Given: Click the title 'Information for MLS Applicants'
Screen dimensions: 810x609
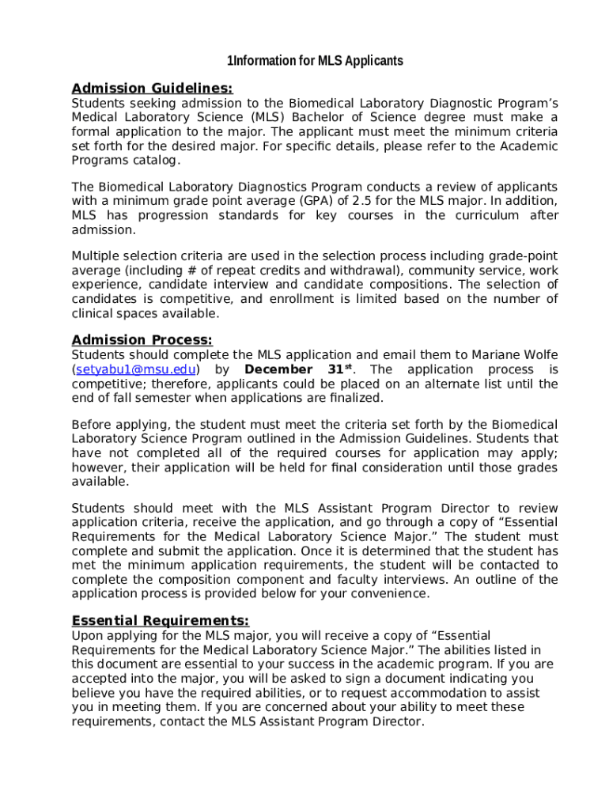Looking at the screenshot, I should pyautogui.click(x=315, y=61).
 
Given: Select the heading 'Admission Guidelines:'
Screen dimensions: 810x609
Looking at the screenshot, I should pyautogui.click(x=152, y=89).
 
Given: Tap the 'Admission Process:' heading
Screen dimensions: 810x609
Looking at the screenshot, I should pyautogui.click(x=142, y=340).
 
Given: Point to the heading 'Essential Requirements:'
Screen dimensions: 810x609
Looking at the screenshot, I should pyautogui.click(x=160, y=620).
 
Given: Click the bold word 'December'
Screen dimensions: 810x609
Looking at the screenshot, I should pyautogui.click(x=278, y=370).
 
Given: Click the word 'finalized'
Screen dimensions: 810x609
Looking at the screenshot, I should pyautogui.click(x=355, y=399).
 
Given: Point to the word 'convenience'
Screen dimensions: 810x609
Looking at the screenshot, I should pyautogui.click(x=392, y=593).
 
